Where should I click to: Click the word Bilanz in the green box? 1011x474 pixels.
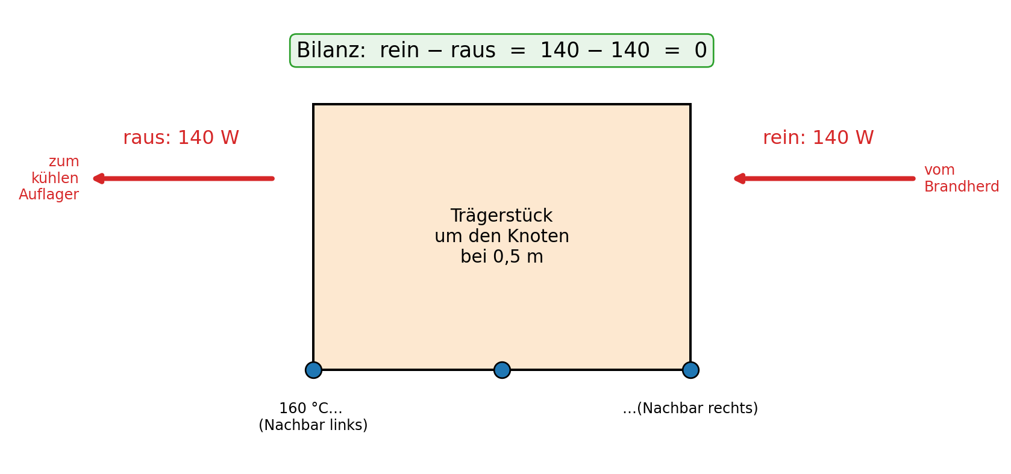(331, 50)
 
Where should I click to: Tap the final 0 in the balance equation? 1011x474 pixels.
(701, 50)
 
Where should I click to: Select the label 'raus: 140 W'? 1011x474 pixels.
(181, 137)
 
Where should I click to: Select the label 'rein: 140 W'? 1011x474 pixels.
(818, 137)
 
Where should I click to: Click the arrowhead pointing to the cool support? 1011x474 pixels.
(98, 179)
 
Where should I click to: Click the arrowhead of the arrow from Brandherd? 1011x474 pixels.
(739, 179)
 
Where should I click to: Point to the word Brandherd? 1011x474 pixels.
(962, 187)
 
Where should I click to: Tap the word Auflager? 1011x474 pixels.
(49, 195)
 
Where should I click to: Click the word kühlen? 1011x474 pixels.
(55, 178)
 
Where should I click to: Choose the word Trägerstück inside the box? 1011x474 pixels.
(501, 216)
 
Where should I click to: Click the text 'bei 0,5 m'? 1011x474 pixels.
(502, 257)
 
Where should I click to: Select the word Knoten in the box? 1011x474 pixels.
(538, 236)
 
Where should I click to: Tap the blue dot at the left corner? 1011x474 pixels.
(314, 370)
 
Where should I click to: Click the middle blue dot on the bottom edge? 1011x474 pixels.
(502, 370)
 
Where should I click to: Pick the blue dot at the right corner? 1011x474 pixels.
(690, 370)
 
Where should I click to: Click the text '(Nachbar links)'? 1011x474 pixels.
(313, 425)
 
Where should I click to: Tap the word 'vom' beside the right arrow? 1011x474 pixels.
(940, 170)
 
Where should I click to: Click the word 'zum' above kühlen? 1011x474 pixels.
(64, 161)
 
